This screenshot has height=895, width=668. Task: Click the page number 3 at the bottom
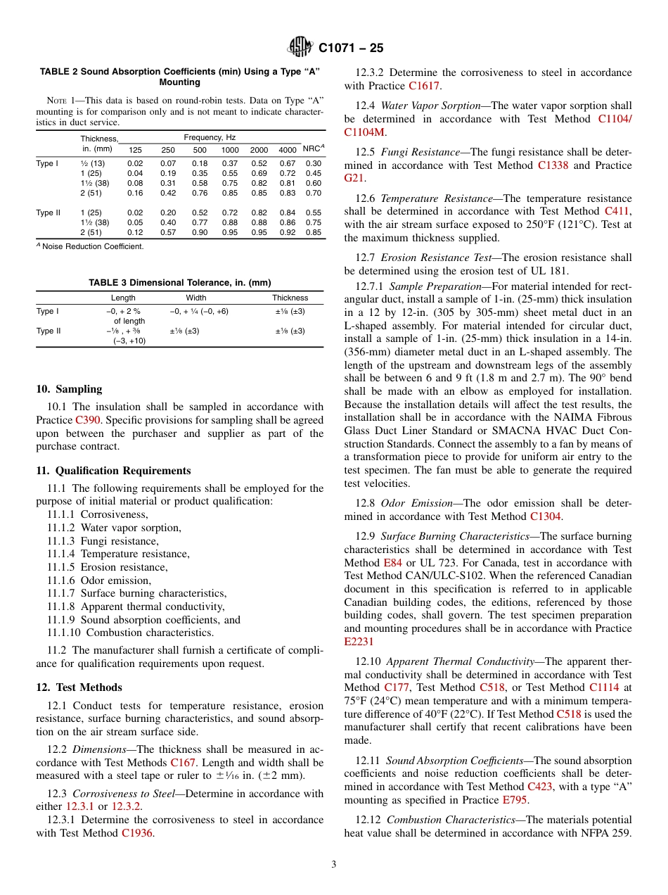click(x=334, y=865)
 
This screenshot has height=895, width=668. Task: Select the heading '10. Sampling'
click(x=69, y=389)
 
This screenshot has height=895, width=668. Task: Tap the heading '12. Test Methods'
click(x=79, y=687)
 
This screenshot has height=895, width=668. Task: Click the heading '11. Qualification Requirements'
click(x=113, y=471)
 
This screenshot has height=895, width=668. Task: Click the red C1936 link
click(x=136, y=833)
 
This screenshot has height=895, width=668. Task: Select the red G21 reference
click(x=354, y=178)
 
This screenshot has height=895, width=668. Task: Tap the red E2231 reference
click(x=359, y=642)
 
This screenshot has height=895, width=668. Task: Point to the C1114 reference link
click(x=604, y=687)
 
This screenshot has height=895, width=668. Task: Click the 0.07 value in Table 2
click(x=168, y=163)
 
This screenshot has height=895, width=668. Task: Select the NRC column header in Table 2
click(x=312, y=148)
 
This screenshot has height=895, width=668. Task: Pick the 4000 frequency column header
click(x=288, y=150)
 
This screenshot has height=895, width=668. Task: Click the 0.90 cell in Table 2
click(x=200, y=232)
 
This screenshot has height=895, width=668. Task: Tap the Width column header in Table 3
click(x=196, y=298)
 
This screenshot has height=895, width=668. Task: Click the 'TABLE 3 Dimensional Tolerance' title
click(x=179, y=282)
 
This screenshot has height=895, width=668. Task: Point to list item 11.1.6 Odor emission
click(x=99, y=580)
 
